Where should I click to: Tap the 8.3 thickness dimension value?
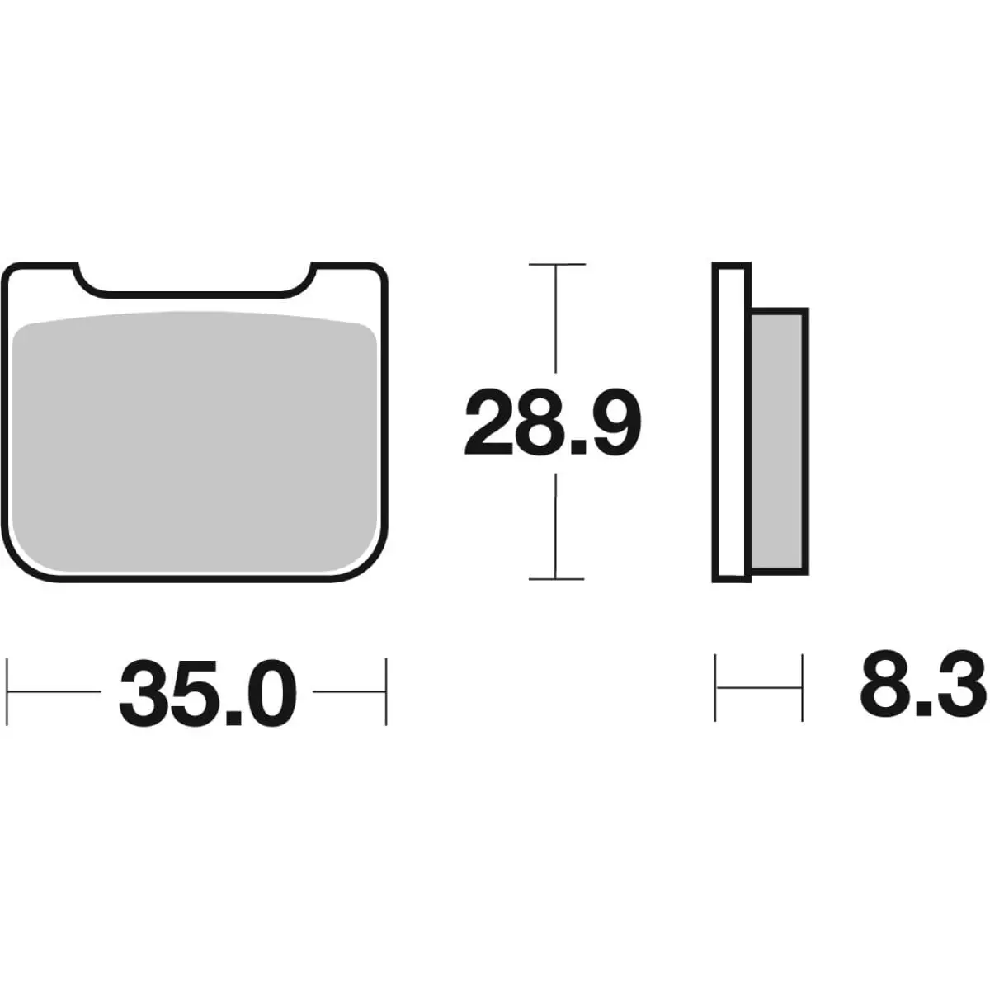tap(922, 684)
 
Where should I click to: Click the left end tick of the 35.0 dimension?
tap(8, 691)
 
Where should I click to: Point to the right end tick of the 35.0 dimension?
tap(385, 691)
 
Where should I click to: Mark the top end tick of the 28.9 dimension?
tap(557, 265)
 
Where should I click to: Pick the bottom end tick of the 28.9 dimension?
tap(557, 579)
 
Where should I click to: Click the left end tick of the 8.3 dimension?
tap(715, 686)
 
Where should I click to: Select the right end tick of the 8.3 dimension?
tap(802, 686)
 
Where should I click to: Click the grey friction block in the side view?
tap(778, 441)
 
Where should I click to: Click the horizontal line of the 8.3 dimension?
tap(759, 686)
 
